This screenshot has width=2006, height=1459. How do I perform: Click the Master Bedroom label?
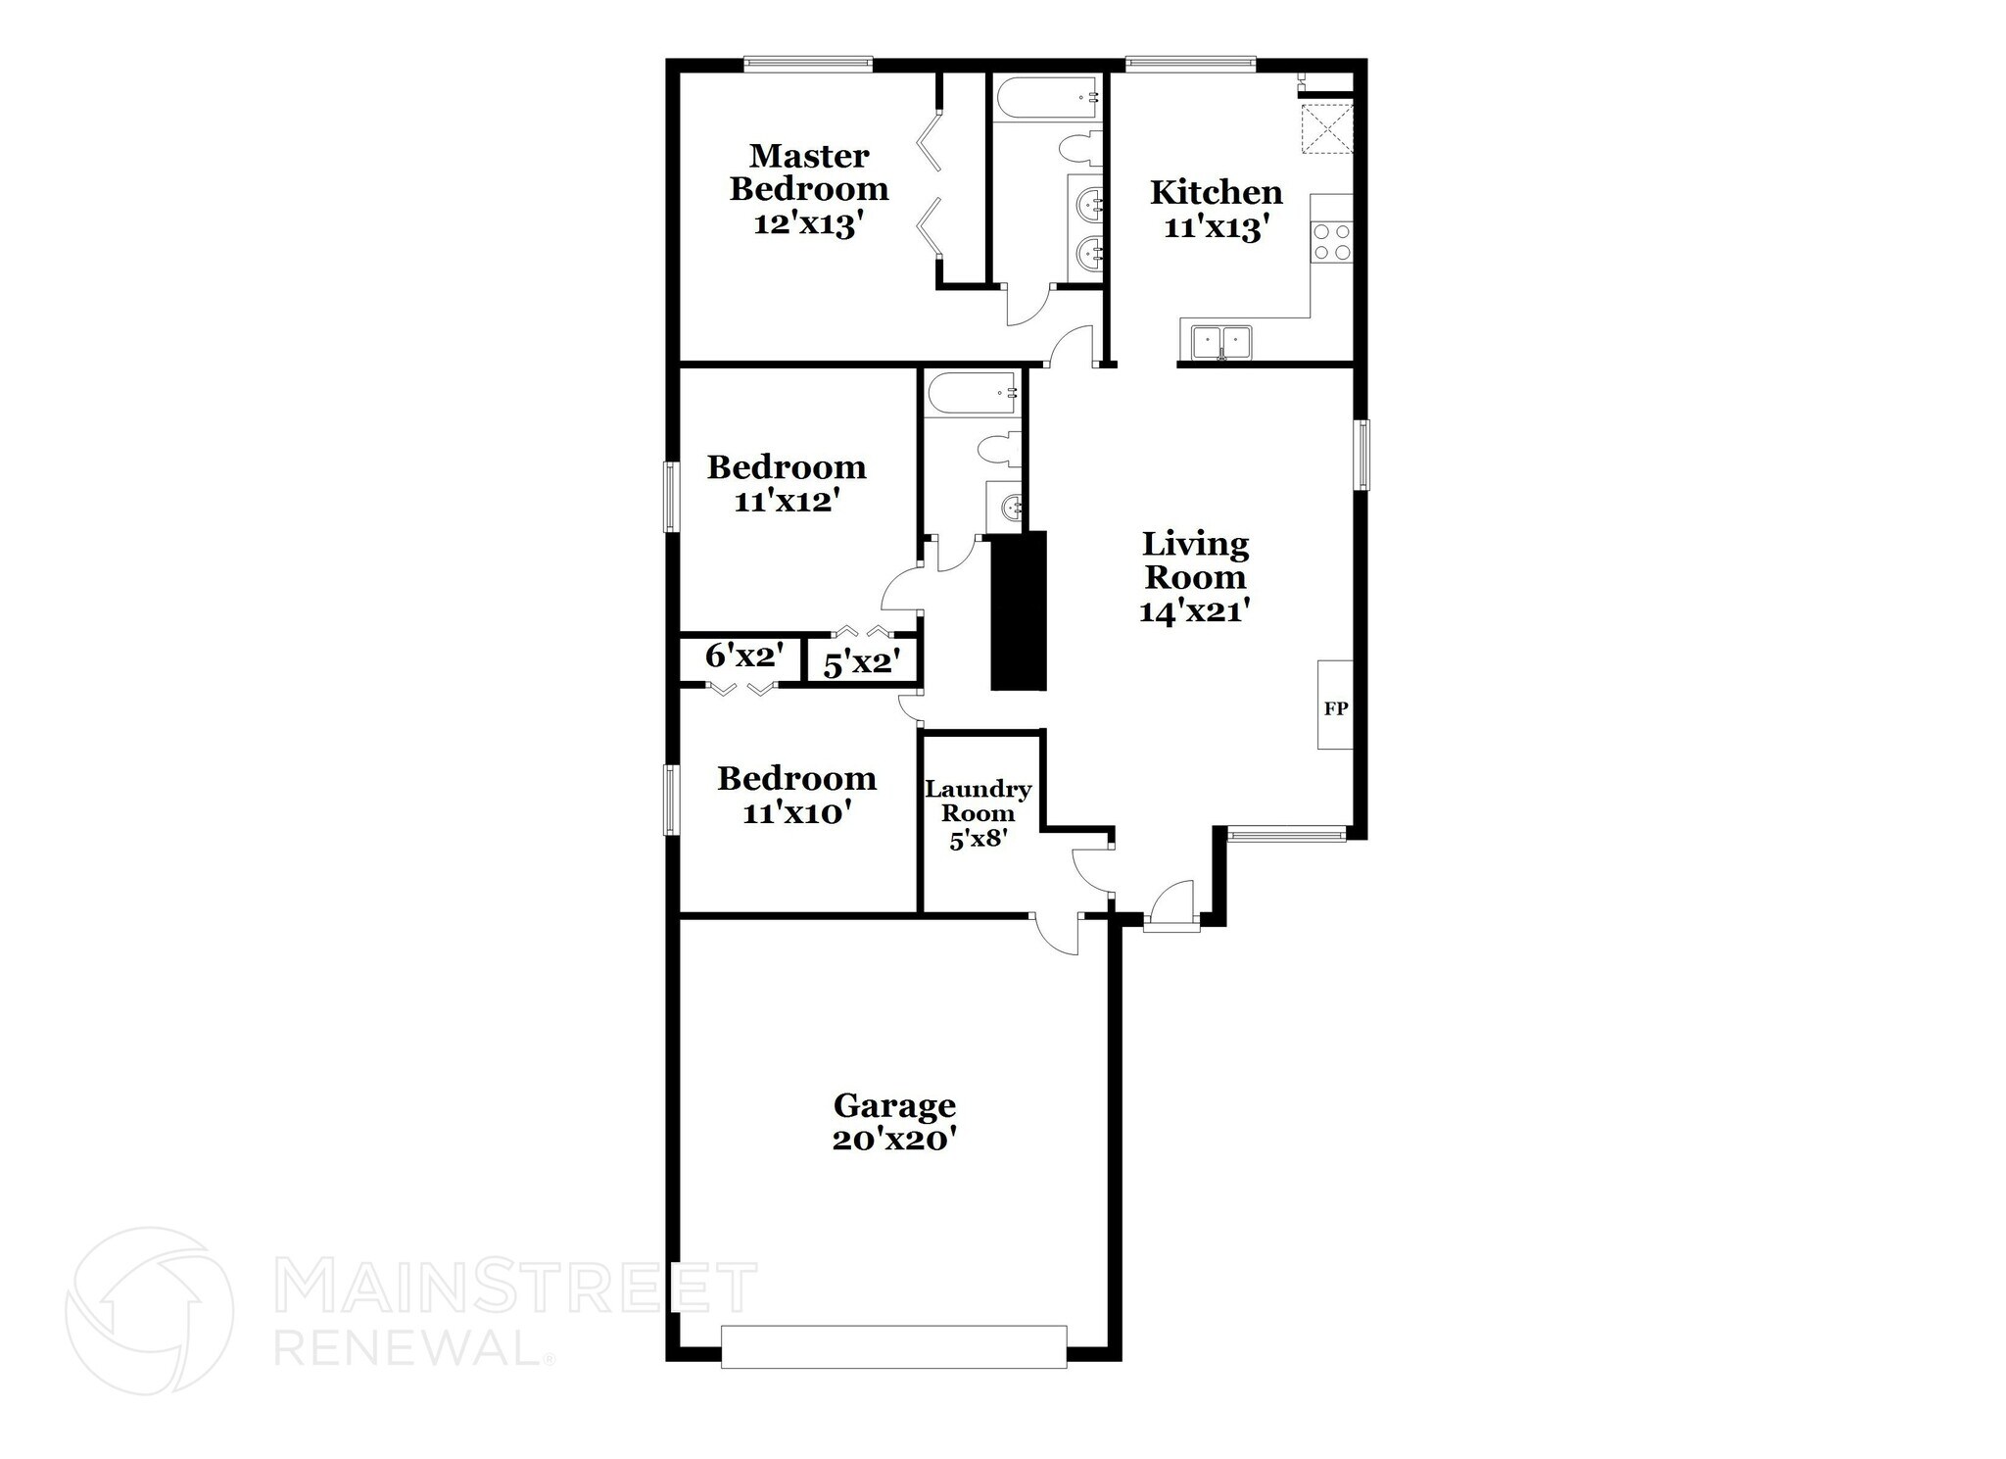pyautogui.click(x=808, y=172)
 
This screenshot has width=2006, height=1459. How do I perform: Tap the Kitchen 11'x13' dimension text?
pyautogui.click(x=1216, y=227)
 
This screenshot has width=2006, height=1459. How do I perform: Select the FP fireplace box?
pyautogui.click(x=1335, y=705)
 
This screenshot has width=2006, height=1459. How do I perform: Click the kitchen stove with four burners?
pyautogui.click(x=1331, y=241)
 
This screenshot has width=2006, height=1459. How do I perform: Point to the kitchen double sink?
pyautogui.click(x=1220, y=342)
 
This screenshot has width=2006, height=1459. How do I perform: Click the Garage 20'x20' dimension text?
pyautogui.click(x=893, y=1140)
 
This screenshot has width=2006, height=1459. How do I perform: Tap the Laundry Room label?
pyautogui.click(x=978, y=802)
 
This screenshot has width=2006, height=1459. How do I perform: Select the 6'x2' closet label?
pyautogui.click(x=742, y=655)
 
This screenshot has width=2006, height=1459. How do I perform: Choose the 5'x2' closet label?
pyautogui.click(x=861, y=663)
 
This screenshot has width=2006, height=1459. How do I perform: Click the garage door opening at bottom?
pyautogui.click(x=893, y=1345)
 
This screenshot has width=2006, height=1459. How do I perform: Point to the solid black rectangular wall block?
pyautogui.click(x=1019, y=610)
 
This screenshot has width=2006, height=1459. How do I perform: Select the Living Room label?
pyautogui.click(x=1195, y=560)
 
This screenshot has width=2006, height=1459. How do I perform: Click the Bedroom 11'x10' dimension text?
pyautogui.click(x=794, y=812)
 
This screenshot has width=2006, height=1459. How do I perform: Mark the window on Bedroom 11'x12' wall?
pyautogui.click(x=671, y=496)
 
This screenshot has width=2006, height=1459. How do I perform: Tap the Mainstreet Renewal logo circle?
pyautogui.click(x=149, y=1310)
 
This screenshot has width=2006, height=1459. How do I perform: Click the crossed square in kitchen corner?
pyautogui.click(x=1325, y=128)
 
